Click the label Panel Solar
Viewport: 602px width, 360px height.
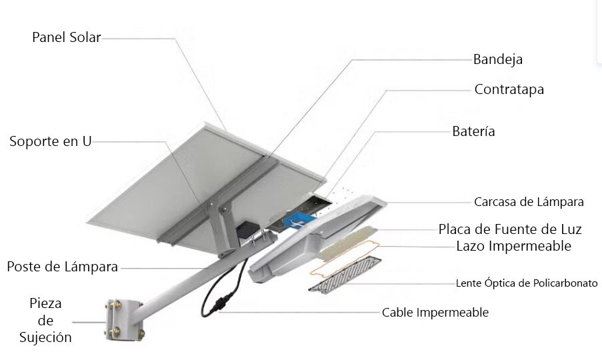pos(66,37)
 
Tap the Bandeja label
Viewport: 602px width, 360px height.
pos(497,59)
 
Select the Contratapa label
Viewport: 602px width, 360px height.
pos(509,89)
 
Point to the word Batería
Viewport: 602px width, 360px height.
pos(473,131)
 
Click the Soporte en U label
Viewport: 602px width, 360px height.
pos(50,141)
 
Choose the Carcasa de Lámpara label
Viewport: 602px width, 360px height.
pos(529,201)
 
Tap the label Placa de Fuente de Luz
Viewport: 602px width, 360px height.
pos(510,229)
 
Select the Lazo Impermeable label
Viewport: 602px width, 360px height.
pos(514,246)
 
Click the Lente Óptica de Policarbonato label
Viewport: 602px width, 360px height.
pos(527,283)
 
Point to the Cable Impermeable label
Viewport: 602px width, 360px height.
pos(435,312)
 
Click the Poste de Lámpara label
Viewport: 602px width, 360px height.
pos(62,267)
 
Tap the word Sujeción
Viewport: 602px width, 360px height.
pos(45,337)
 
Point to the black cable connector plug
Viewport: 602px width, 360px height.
pos(218,307)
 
